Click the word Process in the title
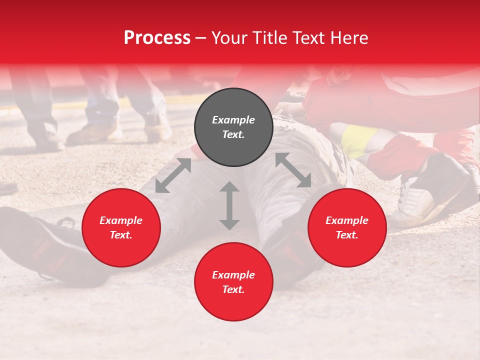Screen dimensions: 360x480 (157, 38)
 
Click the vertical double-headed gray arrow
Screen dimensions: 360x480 (229, 206)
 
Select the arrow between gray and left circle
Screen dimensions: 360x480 (173, 175)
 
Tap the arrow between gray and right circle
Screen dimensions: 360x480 (293, 170)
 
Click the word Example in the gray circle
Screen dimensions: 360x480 (233, 120)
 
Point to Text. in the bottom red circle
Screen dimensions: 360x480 (233, 290)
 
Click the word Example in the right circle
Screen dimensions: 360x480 (347, 220)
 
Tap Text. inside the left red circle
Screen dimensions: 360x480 (121, 235)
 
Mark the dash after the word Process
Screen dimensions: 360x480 (201, 38)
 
